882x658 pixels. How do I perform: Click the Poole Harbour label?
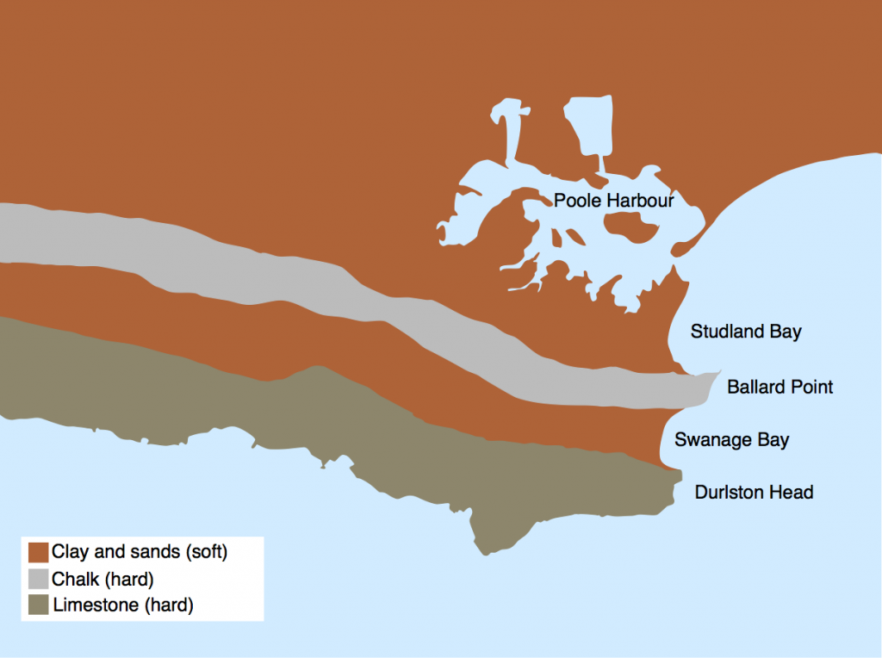[x=613, y=201]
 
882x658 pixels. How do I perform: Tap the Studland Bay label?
[x=746, y=332]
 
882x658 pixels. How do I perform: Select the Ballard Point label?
[x=780, y=387]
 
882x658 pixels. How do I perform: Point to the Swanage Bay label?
[x=731, y=440]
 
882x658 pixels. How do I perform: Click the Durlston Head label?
[x=754, y=493]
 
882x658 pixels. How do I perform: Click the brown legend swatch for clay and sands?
[x=38, y=551]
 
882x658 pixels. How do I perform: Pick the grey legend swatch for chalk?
[x=38, y=578]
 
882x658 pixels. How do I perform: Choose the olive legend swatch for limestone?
[x=38, y=605]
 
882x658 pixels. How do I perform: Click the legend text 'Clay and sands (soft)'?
[x=140, y=551]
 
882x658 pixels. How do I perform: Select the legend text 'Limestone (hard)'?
[x=123, y=605]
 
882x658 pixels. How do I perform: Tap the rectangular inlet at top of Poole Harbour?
[x=588, y=125]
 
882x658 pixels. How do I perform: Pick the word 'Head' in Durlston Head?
[x=793, y=493]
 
